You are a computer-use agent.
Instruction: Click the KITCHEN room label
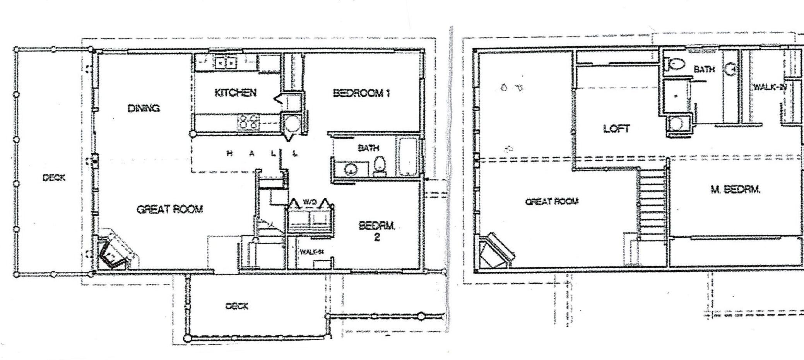235,93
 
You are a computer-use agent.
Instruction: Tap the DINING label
144,108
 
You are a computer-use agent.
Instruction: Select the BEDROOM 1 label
361,93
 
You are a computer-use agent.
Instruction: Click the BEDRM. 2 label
376,231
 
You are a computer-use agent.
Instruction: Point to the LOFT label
616,129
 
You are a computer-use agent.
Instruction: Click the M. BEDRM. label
736,190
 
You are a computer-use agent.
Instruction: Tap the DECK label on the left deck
54,178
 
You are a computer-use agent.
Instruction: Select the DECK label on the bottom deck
237,306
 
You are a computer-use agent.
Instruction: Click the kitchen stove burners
248,122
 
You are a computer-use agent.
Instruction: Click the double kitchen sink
226,62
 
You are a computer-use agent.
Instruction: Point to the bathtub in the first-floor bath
407,157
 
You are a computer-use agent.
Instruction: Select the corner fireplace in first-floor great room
115,251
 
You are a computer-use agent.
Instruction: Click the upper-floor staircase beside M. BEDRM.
652,205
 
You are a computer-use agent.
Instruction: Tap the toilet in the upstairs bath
676,64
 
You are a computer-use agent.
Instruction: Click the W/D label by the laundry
310,202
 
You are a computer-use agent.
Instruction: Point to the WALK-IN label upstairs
769,87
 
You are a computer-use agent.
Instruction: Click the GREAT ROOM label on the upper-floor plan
551,201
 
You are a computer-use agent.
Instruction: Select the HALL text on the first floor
262,154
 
